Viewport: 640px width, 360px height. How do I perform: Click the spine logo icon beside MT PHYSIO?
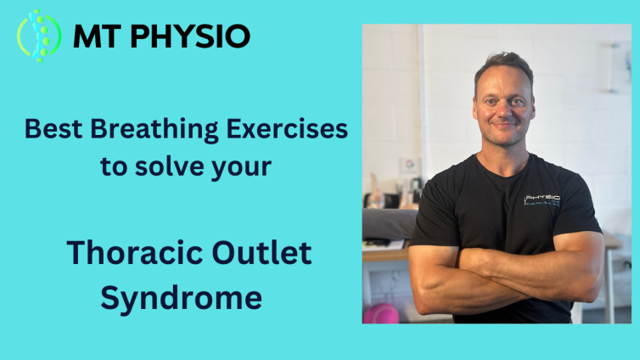(x=39, y=36)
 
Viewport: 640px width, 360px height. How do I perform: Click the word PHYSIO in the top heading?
(x=190, y=37)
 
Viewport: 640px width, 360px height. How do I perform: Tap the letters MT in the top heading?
(x=97, y=37)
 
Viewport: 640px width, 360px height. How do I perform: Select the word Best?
(x=53, y=129)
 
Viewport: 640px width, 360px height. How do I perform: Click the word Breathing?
(x=154, y=130)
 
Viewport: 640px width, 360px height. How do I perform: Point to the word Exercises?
(x=287, y=129)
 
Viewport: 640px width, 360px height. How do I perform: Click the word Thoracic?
(x=135, y=253)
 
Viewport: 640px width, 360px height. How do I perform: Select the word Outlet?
(x=261, y=253)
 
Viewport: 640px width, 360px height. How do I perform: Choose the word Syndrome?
(x=182, y=298)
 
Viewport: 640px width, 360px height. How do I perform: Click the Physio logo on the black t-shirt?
(x=542, y=200)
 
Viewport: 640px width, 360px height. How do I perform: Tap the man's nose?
(x=504, y=110)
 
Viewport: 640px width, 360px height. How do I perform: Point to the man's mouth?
(x=504, y=125)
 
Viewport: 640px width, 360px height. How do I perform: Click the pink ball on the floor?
(x=381, y=313)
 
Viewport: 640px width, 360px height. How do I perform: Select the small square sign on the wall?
(x=409, y=166)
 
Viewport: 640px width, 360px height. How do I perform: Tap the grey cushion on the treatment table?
(x=390, y=224)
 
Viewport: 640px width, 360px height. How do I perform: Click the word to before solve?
(x=114, y=167)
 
